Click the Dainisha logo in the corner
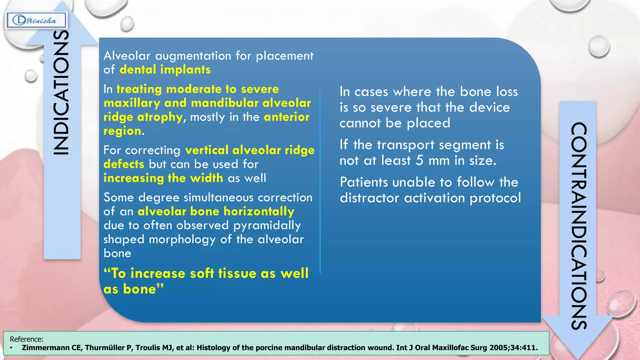pyautogui.click(x=36, y=21)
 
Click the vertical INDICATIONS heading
pyautogui.click(x=61, y=92)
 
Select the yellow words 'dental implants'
pyautogui.click(x=165, y=70)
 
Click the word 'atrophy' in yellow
pyautogui.click(x=160, y=117)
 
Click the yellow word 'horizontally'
pyautogui.click(x=259, y=212)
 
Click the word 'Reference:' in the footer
pyautogui.click(x=27, y=339)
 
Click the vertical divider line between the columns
pyautogui.click(x=320, y=180)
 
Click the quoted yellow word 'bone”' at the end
pyautogui.click(x=143, y=289)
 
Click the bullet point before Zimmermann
pyautogui.click(x=11, y=348)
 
